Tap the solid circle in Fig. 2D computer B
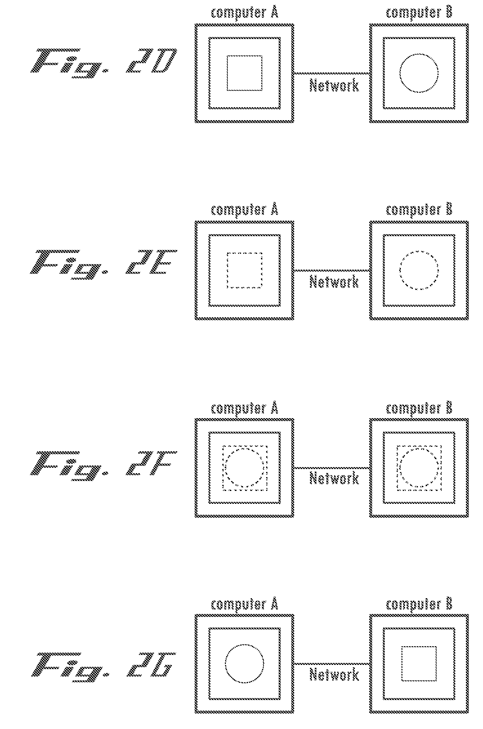coord(400,73)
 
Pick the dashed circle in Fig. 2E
coord(400,270)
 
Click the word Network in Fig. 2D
coord(334,85)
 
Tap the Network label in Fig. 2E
coord(334,282)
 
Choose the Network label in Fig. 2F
coord(334,479)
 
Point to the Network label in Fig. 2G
coord(334,676)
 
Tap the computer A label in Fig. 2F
coord(245,408)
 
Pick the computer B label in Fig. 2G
coord(419,605)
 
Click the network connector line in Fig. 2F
coord(332,467)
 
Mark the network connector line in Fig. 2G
coord(332,664)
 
